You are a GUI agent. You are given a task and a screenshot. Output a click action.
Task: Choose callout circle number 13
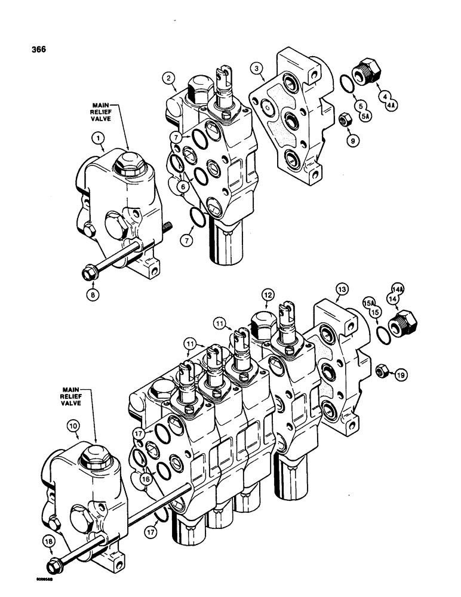click(341, 290)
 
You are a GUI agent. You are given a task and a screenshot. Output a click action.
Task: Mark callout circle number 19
click(401, 374)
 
